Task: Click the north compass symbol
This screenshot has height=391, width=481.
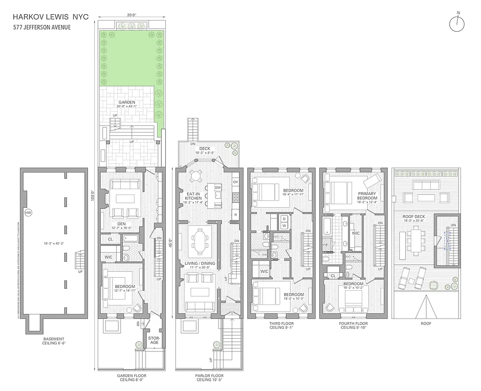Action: tap(457, 23)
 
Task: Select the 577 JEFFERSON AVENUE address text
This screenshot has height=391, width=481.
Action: tap(42, 27)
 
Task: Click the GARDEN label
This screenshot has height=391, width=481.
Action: tap(126, 103)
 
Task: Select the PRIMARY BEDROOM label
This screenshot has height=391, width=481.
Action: tap(367, 195)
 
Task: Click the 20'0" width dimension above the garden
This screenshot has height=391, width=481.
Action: tap(131, 15)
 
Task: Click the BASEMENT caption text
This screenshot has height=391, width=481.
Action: tap(53, 338)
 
